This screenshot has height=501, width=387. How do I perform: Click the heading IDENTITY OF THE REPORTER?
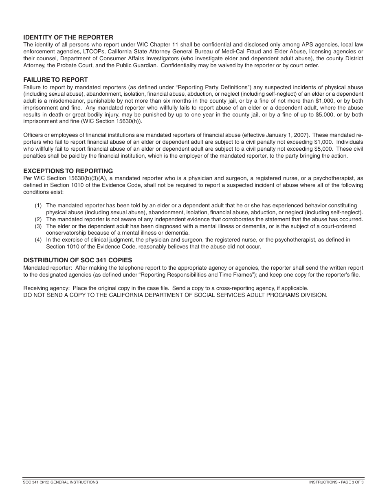coord(68,37)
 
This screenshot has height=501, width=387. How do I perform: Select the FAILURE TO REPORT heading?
coord(55,80)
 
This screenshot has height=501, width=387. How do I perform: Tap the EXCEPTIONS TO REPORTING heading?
coord(68,171)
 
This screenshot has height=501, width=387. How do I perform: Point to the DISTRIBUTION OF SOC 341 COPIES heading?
coord(77,260)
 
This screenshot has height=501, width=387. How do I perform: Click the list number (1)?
coord(38,206)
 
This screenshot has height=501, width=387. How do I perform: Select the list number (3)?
coord(38,226)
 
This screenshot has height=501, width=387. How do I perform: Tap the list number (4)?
coord(38,240)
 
